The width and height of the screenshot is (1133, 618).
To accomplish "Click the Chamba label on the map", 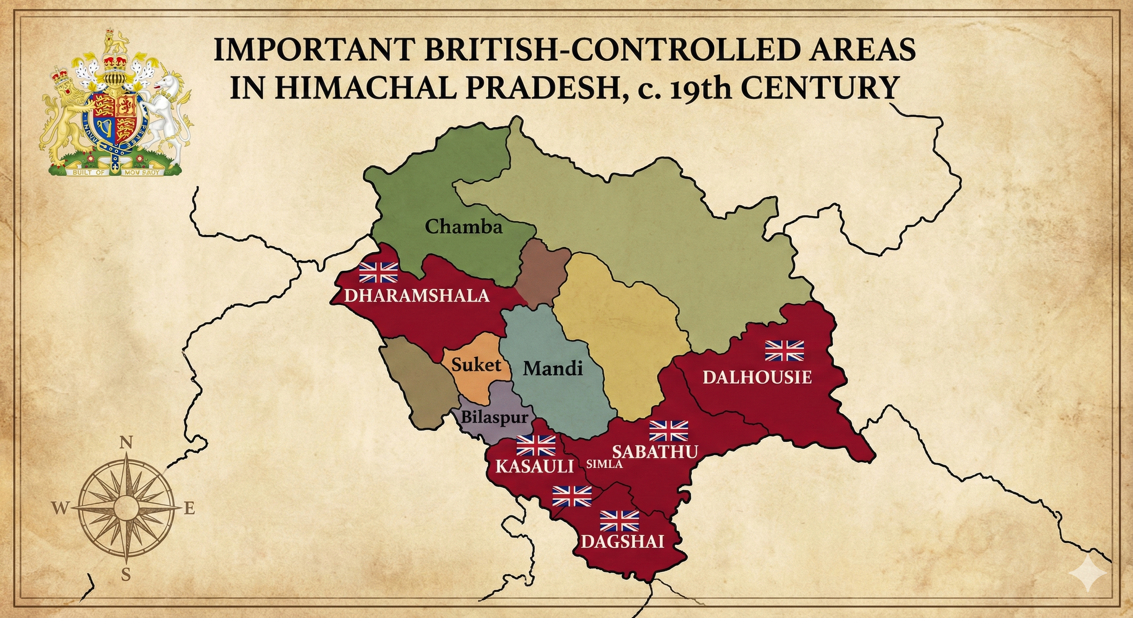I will point(464,227).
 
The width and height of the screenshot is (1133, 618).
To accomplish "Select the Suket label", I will point(476,365).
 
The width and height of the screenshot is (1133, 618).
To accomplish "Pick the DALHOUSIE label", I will point(757,377).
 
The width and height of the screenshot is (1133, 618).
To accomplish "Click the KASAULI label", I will point(534,466).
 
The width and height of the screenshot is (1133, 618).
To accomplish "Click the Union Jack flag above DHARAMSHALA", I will point(378,272).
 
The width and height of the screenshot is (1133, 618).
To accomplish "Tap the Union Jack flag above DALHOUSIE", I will point(784,350).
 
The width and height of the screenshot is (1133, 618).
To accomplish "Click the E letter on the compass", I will point(189,509).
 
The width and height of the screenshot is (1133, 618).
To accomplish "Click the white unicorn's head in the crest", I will point(169,82).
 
